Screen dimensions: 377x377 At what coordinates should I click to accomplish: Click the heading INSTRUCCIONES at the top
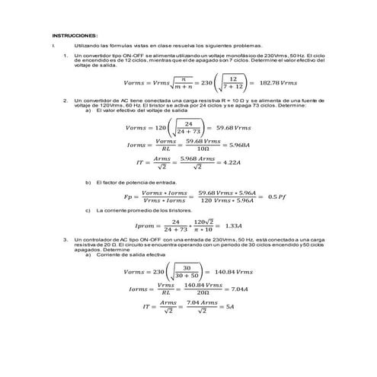coord(75,36)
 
